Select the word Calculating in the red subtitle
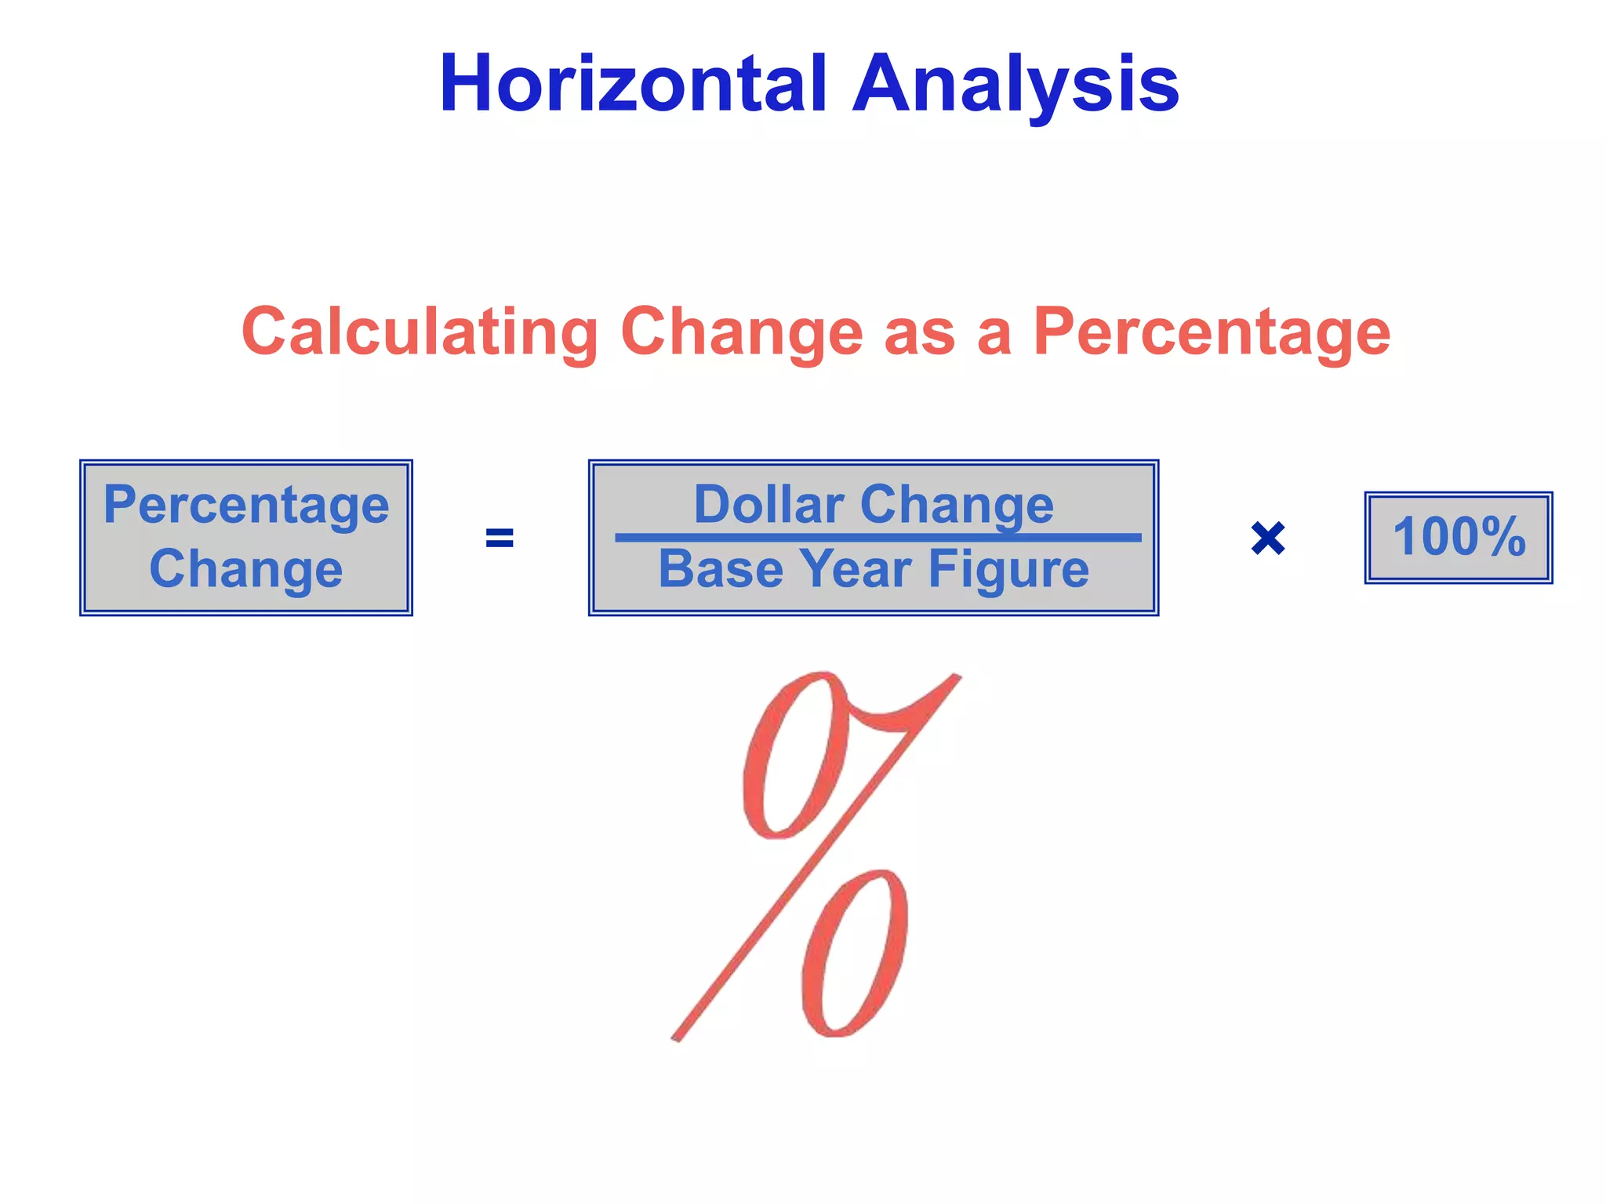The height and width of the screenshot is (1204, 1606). (x=420, y=332)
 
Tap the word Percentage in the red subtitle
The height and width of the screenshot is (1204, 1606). (x=1212, y=332)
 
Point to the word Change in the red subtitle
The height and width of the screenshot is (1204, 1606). (x=742, y=332)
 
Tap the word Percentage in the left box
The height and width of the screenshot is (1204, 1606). (x=246, y=506)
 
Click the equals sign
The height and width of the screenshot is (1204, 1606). (x=500, y=539)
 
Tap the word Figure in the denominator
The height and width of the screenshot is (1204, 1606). (x=1009, y=570)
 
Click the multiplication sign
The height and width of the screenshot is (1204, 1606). (x=1267, y=539)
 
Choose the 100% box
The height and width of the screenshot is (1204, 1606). (x=1459, y=538)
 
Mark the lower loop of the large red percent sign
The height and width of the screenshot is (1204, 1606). (x=855, y=952)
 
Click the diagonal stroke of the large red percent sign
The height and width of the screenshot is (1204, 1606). (x=816, y=858)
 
